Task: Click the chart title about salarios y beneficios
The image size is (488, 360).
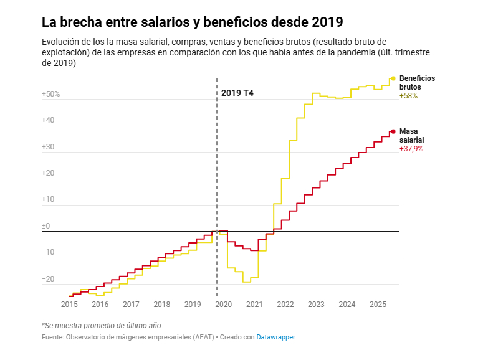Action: (192, 22)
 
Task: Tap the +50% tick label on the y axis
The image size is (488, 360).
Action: (50, 94)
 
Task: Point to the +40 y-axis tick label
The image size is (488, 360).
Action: (48, 121)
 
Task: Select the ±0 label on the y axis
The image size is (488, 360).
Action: (46, 227)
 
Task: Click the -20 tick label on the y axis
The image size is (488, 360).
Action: (48, 279)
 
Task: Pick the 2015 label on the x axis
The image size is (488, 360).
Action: (69, 305)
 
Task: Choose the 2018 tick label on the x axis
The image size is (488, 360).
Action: (161, 305)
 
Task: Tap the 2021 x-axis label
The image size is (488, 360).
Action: (254, 305)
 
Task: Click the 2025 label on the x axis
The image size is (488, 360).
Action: (378, 305)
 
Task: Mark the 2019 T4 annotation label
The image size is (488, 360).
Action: (237, 93)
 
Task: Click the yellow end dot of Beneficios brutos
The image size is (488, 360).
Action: (393, 78)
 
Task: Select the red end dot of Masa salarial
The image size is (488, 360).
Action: (393, 131)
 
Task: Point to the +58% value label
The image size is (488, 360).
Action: (408, 96)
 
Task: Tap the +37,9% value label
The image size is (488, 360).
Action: (411, 149)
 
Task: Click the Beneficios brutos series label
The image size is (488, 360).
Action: (417, 83)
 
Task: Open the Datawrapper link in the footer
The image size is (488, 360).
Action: (275, 337)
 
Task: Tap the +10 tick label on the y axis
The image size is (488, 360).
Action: (48, 200)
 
